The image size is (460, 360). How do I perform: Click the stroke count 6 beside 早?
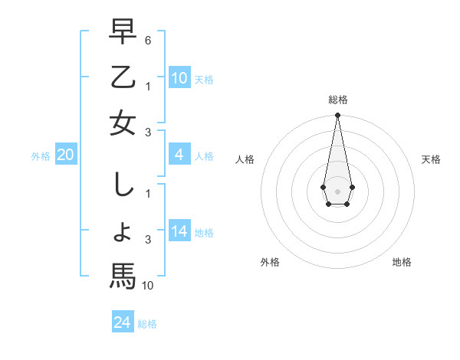tap(148, 38)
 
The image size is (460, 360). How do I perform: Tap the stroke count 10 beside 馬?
tap(149, 286)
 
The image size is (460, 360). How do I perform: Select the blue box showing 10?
tap(179, 78)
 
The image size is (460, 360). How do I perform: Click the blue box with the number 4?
tap(179, 155)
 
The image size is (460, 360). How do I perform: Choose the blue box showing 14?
tap(179, 232)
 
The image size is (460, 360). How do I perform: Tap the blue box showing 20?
tap(66, 155)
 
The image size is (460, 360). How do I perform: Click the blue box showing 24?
tap(123, 322)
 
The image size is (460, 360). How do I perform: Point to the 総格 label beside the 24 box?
tap(148, 324)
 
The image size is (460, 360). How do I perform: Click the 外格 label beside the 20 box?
tap(41, 156)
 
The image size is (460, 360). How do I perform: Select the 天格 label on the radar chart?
tap(432, 159)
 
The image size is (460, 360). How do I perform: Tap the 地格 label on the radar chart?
tap(402, 262)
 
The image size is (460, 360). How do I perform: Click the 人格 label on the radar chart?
tap(245, 159)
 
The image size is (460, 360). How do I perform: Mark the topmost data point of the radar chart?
tap(337, 115)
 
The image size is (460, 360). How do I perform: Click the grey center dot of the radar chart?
tap(337, 191)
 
